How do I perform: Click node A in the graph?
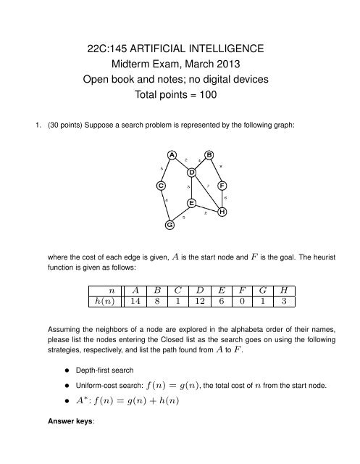pos(171,154)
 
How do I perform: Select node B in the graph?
pos(209,154)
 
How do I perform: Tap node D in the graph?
pos(192,173)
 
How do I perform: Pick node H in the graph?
pos(222,212)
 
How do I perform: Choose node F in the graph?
pos(222,185)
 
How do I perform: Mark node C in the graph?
pos(161,186)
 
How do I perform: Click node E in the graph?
pos(191,203)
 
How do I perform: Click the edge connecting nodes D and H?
pos(207,192)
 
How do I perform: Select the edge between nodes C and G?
pos(165,206)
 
